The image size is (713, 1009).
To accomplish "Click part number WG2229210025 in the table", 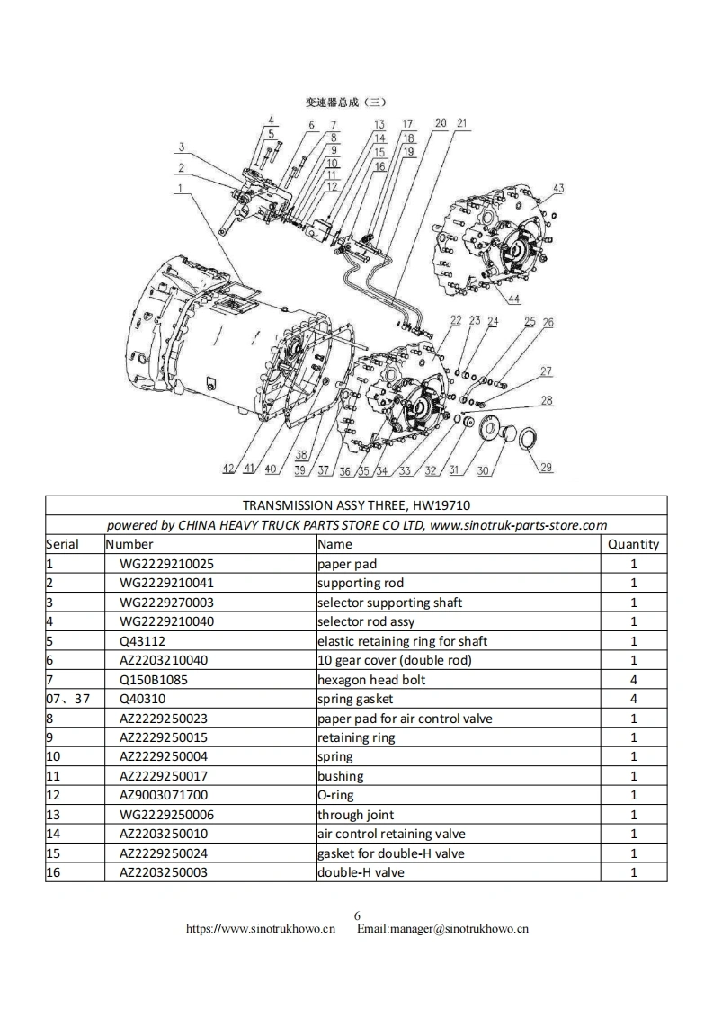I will [166, 564].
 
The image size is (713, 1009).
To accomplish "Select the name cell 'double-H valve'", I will [361, 872].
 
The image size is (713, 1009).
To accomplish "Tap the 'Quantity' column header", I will [633, 544].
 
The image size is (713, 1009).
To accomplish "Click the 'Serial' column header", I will [62, 544].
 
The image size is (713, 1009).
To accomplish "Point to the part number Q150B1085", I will [154, 680].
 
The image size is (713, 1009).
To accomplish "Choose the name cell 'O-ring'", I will [335, 795].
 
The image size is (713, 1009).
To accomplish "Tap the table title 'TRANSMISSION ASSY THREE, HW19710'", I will [356, 505].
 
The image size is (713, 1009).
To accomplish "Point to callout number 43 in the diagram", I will [558, 188].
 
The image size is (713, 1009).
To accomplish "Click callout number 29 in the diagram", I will [547, 467].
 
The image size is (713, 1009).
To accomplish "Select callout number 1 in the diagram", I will [181, 188].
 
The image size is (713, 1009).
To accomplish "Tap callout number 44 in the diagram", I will [513, 299].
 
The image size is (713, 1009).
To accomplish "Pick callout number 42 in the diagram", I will [228, 469].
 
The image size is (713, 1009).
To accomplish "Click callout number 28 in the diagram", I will [547, 401].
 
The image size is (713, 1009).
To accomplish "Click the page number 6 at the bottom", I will [357, 916].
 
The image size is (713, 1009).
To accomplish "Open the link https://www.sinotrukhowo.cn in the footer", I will [261, 929].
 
